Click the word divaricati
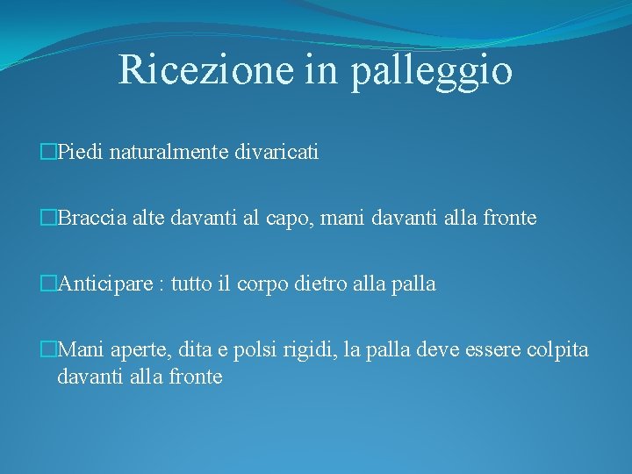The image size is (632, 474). click(275, 153)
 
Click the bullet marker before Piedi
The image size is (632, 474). click(49, 153)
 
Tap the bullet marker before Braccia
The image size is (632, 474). click(49, 219)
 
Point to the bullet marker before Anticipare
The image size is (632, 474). click(49, 284)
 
